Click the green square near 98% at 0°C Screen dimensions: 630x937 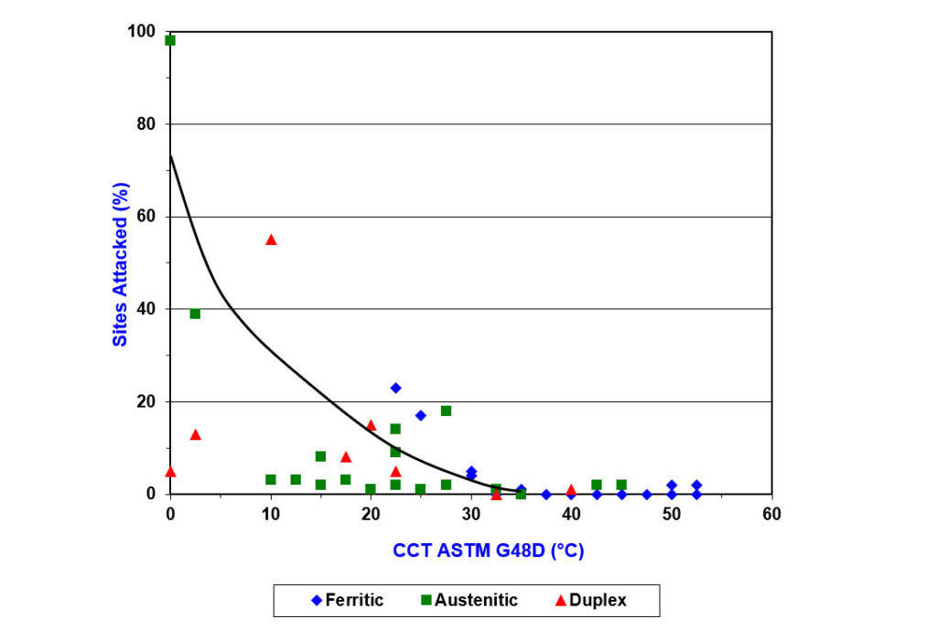(x=170, y=40)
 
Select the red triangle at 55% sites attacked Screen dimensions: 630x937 (x=271, y=240)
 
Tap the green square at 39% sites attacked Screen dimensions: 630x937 (x=195, y=314)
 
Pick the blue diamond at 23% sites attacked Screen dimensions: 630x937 (x=395, y=388)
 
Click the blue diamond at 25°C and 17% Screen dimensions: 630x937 (x=421, y=415)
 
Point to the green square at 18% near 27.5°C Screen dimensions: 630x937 (x=446, y=411)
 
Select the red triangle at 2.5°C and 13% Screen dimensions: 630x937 (x=195, y=434)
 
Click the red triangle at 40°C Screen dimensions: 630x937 (x=571, y=489)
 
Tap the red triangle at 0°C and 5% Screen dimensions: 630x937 (x=170, y=471)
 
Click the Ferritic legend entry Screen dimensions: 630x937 (x=347, y=601)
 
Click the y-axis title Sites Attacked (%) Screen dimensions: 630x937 (x=120, y=264)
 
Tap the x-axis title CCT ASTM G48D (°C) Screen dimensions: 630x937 (x=489, y=551)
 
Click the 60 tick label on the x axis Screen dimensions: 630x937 (x=771, y=514)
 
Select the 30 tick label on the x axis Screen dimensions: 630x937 (x=471, y=514)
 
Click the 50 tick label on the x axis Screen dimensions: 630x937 (x=672, y=514)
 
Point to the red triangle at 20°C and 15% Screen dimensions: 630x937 (x=371, y=424)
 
